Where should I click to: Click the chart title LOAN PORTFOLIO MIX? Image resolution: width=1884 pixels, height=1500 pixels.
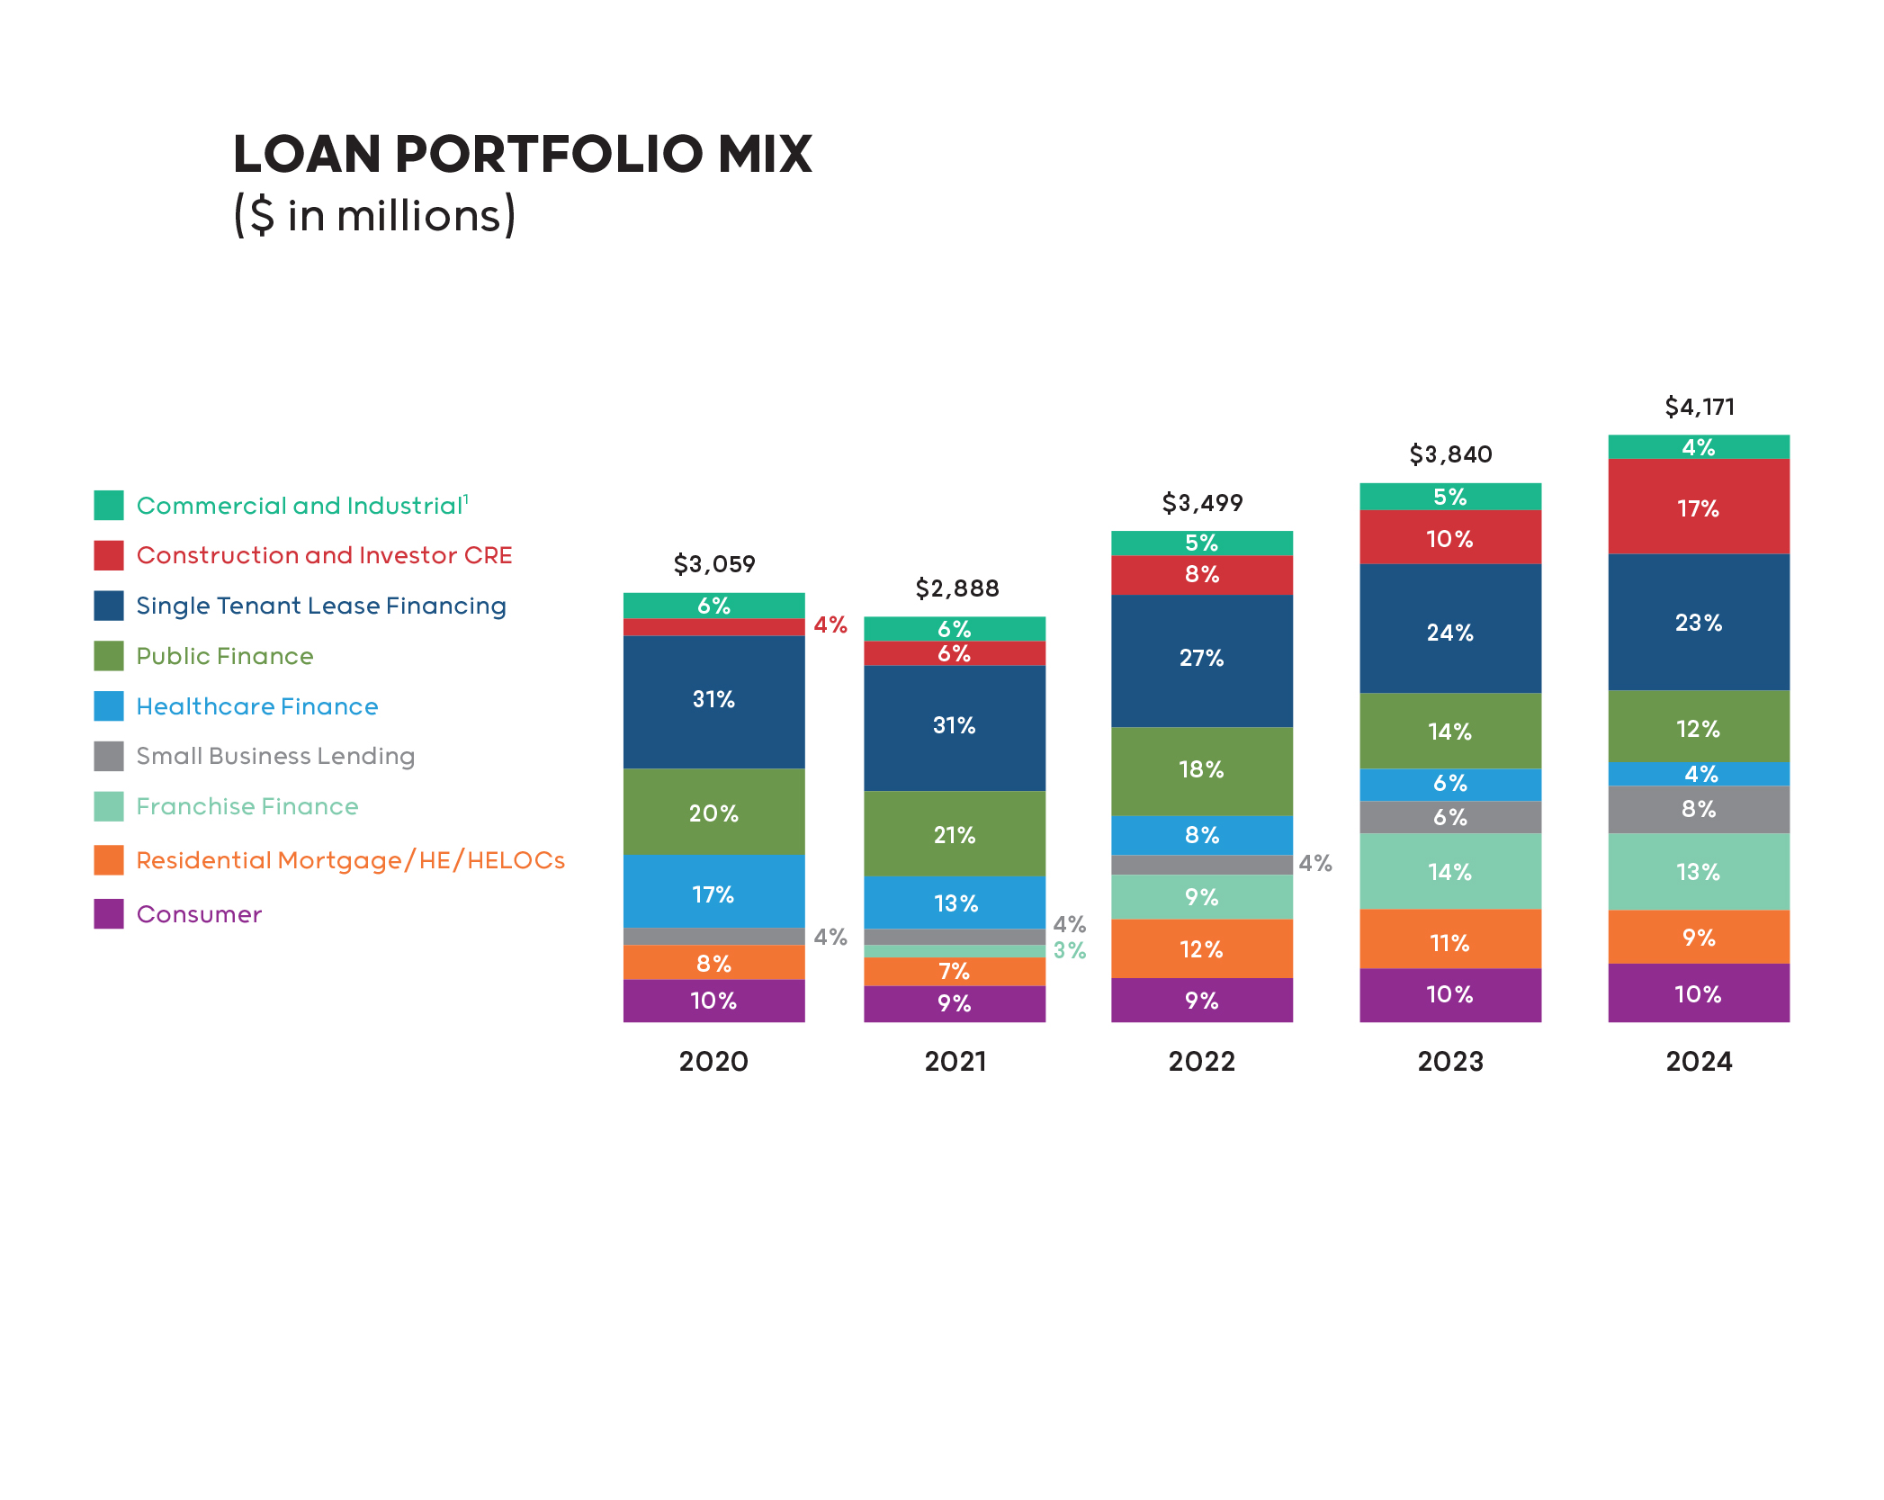tap(522, 154)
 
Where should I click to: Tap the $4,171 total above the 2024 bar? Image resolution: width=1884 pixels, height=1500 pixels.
tap(1699, 407)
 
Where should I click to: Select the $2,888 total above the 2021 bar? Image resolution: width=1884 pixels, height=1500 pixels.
tap(956, 588)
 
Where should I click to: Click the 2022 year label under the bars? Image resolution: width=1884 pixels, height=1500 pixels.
tap(1201, 1062)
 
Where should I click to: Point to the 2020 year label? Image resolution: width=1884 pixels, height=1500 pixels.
tap(713, 1062)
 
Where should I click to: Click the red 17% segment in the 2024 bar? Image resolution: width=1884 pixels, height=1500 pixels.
tap(1699, 507)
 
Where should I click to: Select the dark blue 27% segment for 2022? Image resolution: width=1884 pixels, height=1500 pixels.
tap(1201, 659)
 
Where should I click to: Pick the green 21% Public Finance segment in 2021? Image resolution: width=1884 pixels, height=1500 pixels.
tap(954, 834)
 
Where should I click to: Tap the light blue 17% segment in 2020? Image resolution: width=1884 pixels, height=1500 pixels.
tap(713, 893)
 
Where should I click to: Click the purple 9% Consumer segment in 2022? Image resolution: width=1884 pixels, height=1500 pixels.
tap(1201, 1000)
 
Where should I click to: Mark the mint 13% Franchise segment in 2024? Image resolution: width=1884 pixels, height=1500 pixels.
tap(1699, 871)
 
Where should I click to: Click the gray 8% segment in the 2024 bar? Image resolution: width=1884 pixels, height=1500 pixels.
tap(1699, 809)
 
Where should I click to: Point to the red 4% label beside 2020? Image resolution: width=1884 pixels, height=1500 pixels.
tap(830, 624)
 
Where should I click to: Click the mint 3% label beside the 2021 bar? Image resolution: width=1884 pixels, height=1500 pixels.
tap(1070, 950)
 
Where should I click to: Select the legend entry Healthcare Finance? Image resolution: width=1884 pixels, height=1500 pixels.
tap(256, 706)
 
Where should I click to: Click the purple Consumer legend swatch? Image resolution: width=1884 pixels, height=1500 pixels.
tap(109, 913)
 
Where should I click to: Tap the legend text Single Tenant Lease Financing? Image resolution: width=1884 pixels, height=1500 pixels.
tap(320, 606)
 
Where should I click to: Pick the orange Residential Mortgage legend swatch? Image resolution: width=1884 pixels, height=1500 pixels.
tap(109, 860)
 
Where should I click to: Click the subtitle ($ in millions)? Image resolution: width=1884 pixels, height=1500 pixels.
tap(374, 215)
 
